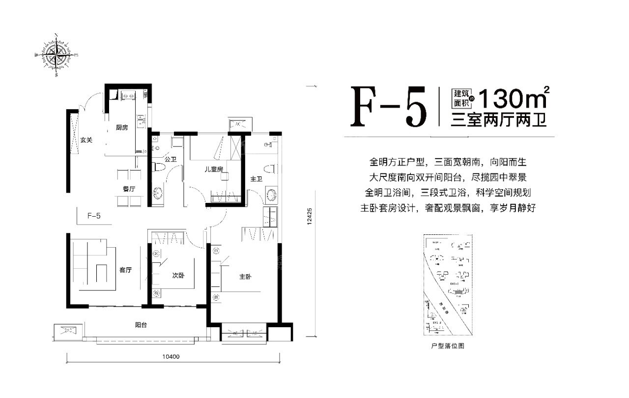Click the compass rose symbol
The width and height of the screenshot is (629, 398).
pyautogui.click(x=57, y=55)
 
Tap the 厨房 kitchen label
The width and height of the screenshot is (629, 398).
pyautogui.click(x=122, y=128)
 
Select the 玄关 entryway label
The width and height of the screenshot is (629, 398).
pyautogui.click(x=86, y=140)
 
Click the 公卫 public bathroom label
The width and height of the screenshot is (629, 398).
pyautogui.click(x=171, y=159)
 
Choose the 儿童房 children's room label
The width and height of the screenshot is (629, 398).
pyautogui.click(x=214, y=169)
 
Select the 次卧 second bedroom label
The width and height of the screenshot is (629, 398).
pyautogui.click(x=178, y=276)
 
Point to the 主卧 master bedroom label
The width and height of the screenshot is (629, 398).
pyautogui.click(x=245, y=277)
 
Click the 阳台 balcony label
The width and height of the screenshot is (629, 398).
pyautogui.click(x=142, y=325)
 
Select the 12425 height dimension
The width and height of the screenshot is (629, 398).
pyautogui.click(x=309, y=216)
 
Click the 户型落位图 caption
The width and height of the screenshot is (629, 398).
pyautogui.click(x=447, y=346)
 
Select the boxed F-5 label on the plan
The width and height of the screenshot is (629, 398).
pyautogui.click(x=94, y=215)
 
